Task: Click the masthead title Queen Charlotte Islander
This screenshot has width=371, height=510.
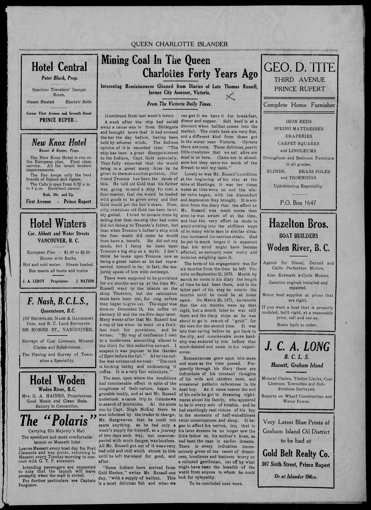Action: click(x=179, y=44)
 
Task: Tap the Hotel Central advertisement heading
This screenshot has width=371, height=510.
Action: click(x=59, y=67)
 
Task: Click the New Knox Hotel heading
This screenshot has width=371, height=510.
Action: click(x=59, y=142)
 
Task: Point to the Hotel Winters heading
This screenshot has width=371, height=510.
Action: click(x=58, y=223)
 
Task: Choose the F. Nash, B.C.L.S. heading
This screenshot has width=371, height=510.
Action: click(x=58, y=301)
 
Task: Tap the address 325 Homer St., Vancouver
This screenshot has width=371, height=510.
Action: click(x=58, y=330)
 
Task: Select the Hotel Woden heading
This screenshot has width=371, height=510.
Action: click(x=57, y=381)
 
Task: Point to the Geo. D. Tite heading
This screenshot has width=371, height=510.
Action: click(x=299, y=68)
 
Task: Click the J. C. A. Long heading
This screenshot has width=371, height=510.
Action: click(x=297, y=347)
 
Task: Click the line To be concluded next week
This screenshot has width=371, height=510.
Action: click(x=216, y=484)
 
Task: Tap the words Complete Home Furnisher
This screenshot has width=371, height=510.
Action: click(x=299, y=105)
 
